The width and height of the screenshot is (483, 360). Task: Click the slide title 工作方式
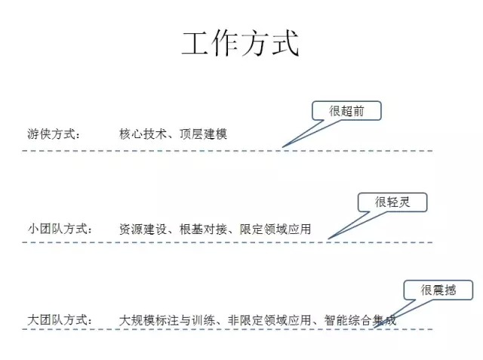point(240,43)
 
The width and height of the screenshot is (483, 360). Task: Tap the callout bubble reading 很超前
point(346,111)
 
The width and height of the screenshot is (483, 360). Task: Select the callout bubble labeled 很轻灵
point(392,202)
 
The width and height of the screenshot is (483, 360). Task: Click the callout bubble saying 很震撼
point(438,291)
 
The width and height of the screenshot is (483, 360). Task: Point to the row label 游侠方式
point(54,134)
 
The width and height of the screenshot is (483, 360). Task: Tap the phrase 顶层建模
point(203,134)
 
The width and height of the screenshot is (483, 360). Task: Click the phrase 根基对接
point(203,229)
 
